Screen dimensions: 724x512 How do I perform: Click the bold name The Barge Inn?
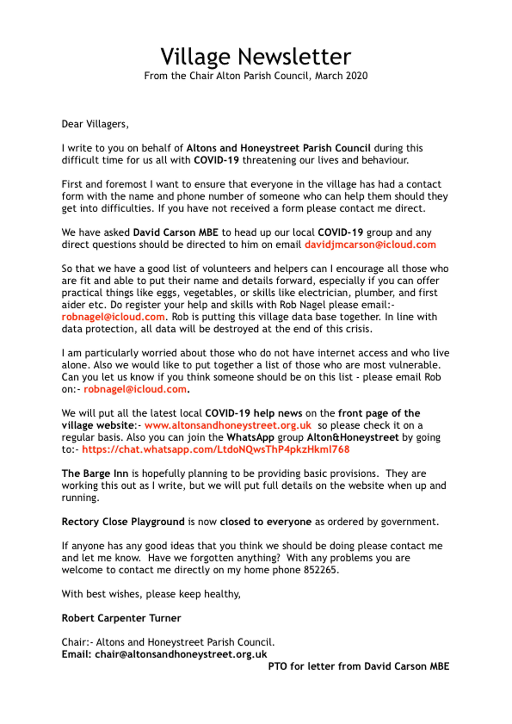(95, 474)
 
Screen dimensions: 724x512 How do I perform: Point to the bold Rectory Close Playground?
(123, 522)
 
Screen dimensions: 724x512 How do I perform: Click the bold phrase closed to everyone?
(266, 522)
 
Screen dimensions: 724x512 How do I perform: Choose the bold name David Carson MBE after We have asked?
(176, 233)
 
